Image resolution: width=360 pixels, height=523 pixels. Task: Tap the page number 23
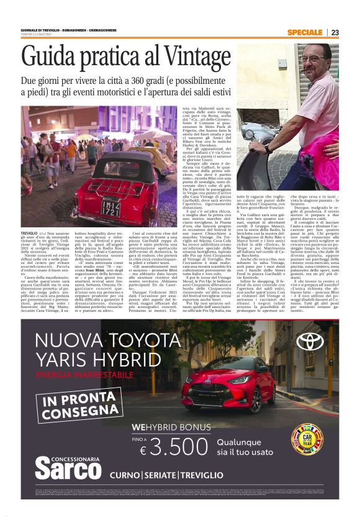(x=335, y=32)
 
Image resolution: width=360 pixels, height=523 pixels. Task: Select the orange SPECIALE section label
(x=305, y=32)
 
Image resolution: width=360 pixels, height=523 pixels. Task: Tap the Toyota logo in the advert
(x=310, y=341)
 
